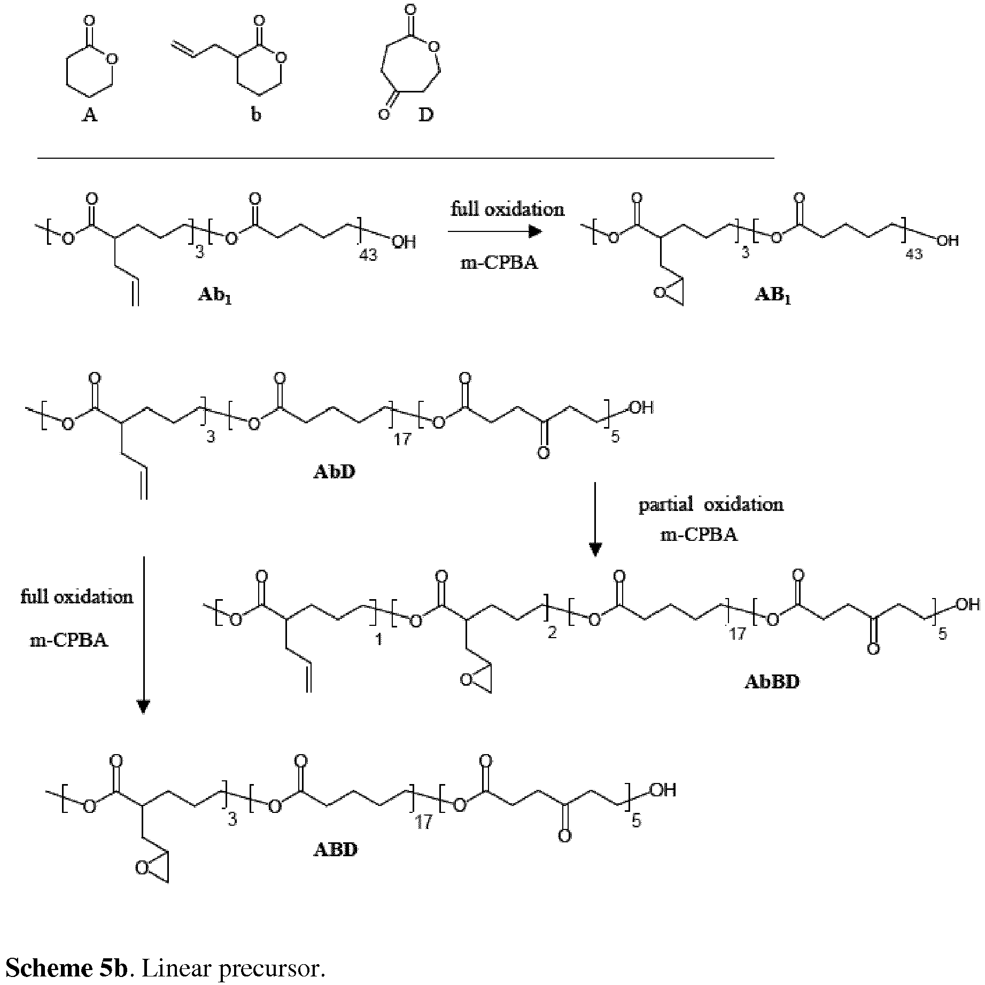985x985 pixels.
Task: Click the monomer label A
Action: click(90, 114)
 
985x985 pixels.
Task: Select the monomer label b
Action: click(256, 114)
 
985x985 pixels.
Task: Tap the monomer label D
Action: click(426, 114)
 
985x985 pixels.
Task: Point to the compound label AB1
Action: click(772, 296)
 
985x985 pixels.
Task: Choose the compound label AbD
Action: click(334, 472)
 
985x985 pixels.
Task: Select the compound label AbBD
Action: click(772, 682)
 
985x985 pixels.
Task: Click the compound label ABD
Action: click(335, 849)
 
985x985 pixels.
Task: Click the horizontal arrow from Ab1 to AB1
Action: click(495, 231)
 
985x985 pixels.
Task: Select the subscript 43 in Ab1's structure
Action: click(368, 255)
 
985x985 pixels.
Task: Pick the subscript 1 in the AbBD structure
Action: click(379, 639)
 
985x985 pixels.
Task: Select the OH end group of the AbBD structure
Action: click(967, 604)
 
